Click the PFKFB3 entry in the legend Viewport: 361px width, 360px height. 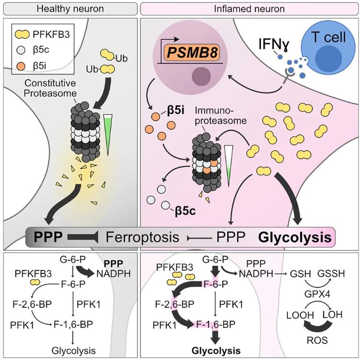click(48, 34)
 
